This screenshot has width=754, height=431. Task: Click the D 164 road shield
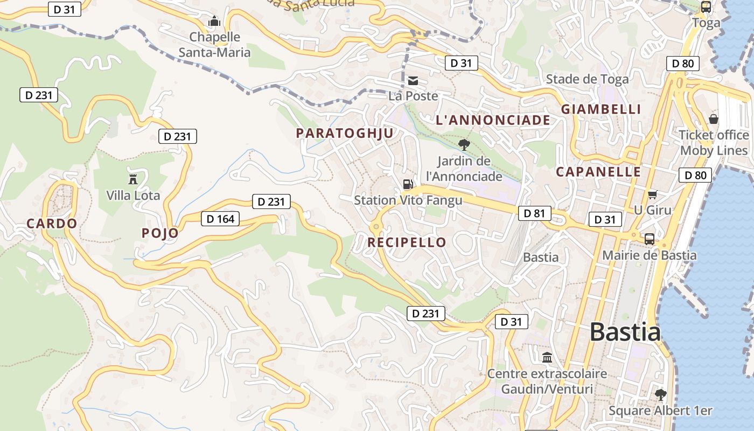pyautogui.click(x=220, y=219)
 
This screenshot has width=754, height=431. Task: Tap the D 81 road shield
pyautogui.click(x=535, y=213)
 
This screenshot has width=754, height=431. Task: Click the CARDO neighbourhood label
pyautogui.click(x=52, y=224)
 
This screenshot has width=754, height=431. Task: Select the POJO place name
pyautogui.click(x=160, y=233)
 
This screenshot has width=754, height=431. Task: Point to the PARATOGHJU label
pyautogui.click(x=345, y=134)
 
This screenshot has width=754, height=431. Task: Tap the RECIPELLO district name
pyautogui.click(x=407, y=242)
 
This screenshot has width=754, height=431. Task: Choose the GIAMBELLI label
pyautogui.click(x=601, y=109)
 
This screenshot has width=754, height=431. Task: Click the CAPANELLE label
pyautogui.click(x=598, y=172)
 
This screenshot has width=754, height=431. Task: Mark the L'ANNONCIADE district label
pyautogui.click(x=493, y=120)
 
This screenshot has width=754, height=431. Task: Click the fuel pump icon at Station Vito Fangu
pyautogui.click(x=408, y=184)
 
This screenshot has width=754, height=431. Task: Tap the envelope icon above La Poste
pyautogui.click(x=413, y=81)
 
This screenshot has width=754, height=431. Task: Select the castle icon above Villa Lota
pyautogui.click(x=133, y=179)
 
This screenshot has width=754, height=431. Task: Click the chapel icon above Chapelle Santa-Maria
pyautogui.click(x=214, y=22)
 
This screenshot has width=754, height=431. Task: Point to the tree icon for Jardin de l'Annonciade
pyautogui.click(x=464, y=144)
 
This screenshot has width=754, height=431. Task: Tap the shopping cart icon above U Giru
pyautogui.click(x=653, y=194)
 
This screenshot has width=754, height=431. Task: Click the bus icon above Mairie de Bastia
pyautogui.click(x=650, y=239)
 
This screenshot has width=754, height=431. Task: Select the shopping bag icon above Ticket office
pyautogui.click(x=714, y=119)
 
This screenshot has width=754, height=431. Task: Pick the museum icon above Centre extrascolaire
pyautogui.click(x=547, y=357)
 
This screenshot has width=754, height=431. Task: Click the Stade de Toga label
pyautogui.click(x=587, y=79)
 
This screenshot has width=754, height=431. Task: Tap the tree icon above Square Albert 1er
pyautogui.click(x=661, y=394)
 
